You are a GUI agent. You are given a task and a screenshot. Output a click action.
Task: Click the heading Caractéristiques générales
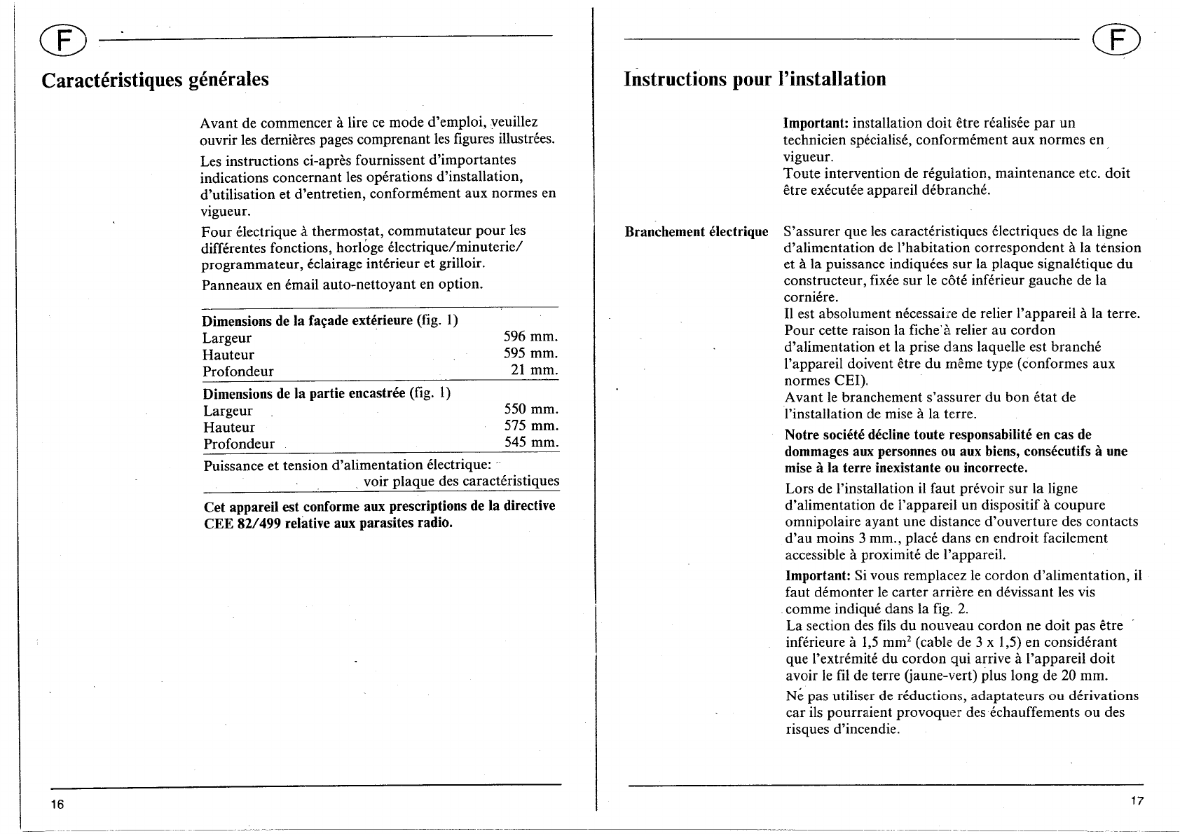(155, 79)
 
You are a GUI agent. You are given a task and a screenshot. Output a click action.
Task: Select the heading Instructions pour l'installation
(755, 78)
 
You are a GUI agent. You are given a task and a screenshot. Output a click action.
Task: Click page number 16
(57, 804)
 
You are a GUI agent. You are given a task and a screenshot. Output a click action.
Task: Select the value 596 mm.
(530, 337)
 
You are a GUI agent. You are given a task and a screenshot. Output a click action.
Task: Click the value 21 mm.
(534, 370)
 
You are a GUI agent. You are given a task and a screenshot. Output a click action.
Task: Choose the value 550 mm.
(531, 409)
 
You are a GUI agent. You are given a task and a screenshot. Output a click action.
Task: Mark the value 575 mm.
(531, 426)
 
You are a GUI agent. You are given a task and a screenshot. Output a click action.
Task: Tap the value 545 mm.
(531, 443)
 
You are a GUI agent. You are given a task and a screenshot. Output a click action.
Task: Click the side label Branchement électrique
(696, 231)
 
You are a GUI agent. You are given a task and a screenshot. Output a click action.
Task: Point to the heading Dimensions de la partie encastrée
(304, 393)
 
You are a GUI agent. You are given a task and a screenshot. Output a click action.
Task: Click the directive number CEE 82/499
(242, 524)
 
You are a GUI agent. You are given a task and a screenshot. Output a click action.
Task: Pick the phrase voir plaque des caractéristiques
(461, 481)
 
